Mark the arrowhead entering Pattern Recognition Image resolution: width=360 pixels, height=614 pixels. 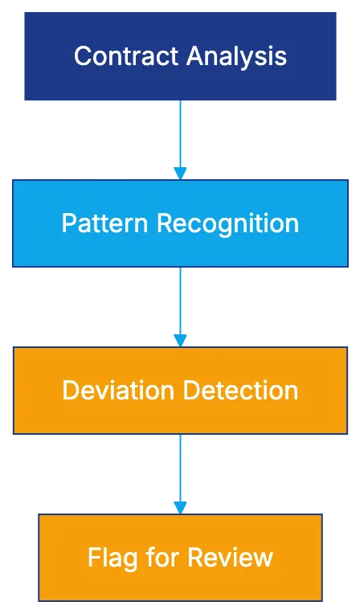(x=180, y=172)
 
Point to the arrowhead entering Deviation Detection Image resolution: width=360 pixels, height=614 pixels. (x=180, y=340)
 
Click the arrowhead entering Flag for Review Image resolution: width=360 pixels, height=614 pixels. (x=180, y=507)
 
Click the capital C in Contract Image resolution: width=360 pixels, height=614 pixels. (x=81, y=56)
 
